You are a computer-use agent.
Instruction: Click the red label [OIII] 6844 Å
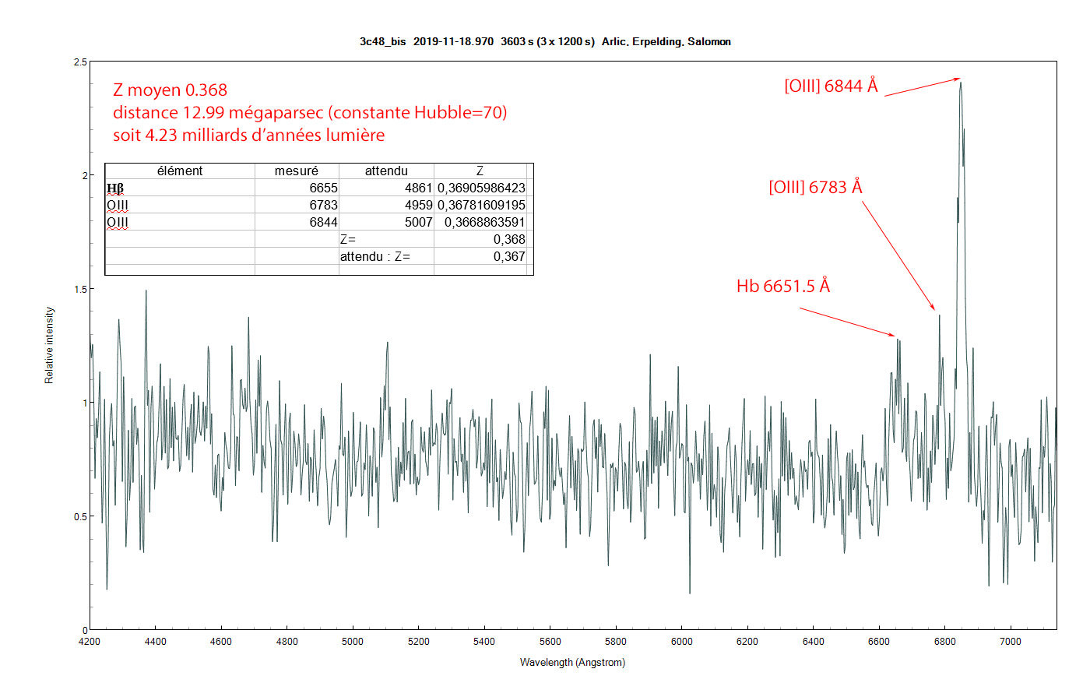coord(831,86)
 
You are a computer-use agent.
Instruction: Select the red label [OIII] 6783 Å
coord(815,188)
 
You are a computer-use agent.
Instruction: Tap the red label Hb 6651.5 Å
coord(782,287)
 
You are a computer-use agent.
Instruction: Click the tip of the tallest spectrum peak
coord(961,82)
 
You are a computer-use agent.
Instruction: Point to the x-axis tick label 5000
coord(353,642)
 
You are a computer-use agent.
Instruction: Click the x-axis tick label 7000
coord(1010,642)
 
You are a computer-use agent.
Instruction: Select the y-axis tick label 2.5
coord(79,62)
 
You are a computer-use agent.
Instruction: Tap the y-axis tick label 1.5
coord(79,289)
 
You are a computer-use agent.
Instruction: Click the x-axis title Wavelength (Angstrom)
coord(572,663)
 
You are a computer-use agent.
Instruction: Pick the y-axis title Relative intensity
coord(50,345)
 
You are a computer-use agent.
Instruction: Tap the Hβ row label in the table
coord(115,188)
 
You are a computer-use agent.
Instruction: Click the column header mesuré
coord(296,171)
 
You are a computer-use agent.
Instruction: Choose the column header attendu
coord(386,171)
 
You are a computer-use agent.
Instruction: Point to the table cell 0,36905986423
coord(481,188)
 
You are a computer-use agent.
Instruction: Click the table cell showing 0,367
coord(509,256)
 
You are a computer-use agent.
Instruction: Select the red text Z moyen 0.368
coord(170,90)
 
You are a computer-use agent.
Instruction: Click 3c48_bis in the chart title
coord(382,42)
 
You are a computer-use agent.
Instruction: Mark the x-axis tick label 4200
coord(90,642)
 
